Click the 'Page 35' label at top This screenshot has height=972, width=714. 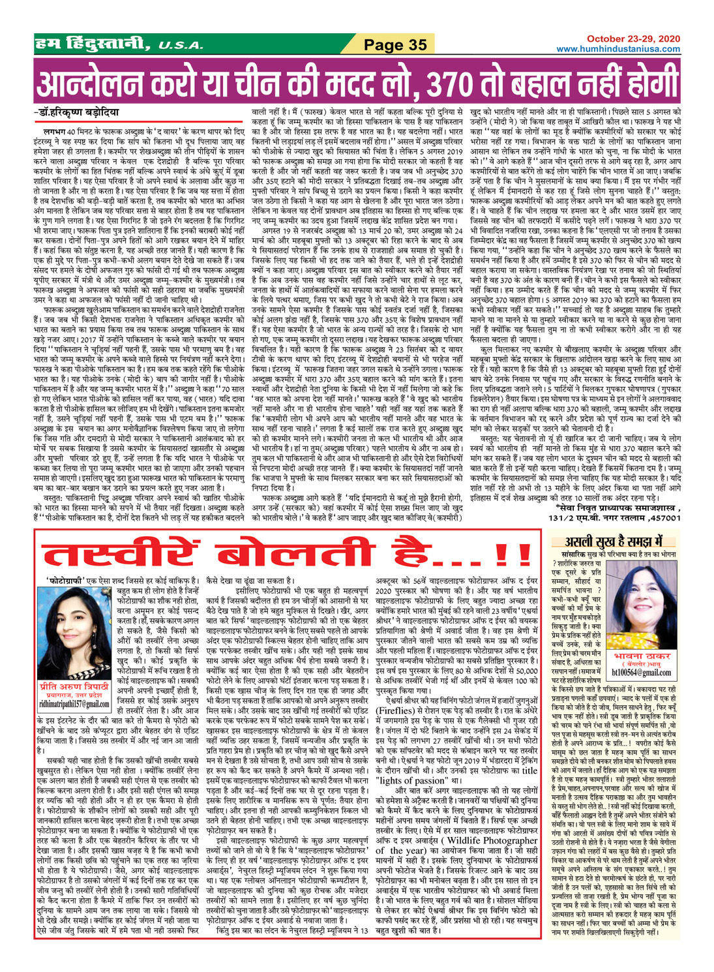coord(395,44)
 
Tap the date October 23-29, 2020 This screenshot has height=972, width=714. coord(632,39)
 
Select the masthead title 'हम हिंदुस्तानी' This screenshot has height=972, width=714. coord(91,44)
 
